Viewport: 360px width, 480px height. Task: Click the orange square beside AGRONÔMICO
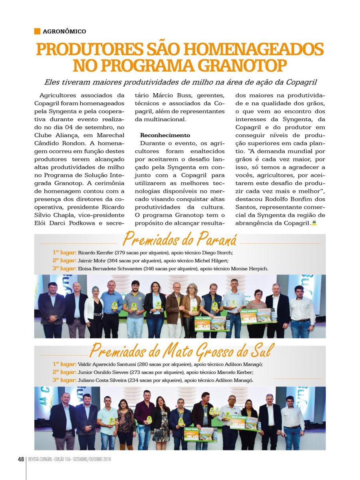[x=37, y=31]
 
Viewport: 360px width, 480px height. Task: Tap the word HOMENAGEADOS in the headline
[x=249, y=49]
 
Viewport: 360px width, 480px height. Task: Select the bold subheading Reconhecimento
[x=165, y=136]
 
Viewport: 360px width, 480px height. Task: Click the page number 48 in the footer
[x=21, y=459]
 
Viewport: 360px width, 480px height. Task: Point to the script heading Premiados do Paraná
[x=180, y=240]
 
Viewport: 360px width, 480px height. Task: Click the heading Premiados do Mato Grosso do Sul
[x=180, y=351]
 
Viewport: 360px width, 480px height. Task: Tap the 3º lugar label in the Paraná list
[x=64, y=268]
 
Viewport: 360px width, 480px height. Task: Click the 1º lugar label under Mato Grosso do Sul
[x=64, y=364]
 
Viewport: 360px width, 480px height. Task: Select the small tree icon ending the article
[x=314, y=223]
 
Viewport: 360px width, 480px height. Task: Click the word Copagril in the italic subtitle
[x=303, y=83]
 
